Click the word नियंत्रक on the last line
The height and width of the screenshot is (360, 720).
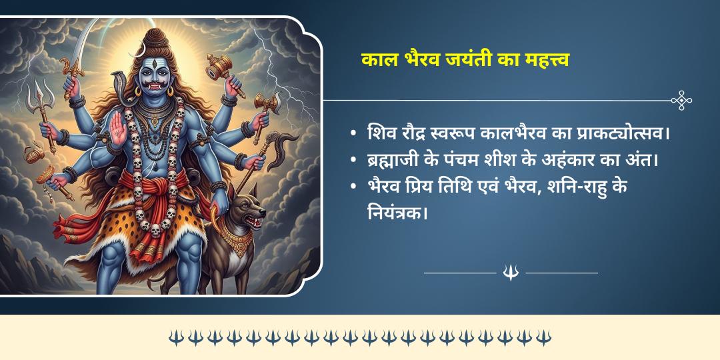[x=396, y=215]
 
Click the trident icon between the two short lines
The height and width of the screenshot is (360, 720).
[x=511, y=272]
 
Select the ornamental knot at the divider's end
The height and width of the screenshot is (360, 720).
[x=681, y=101]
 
